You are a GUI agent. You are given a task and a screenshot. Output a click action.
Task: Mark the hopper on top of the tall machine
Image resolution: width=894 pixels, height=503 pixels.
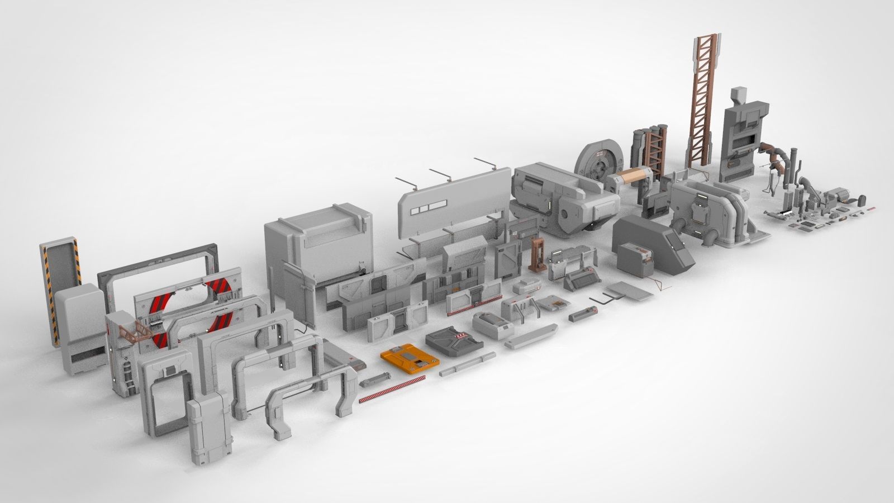(741, 98)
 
